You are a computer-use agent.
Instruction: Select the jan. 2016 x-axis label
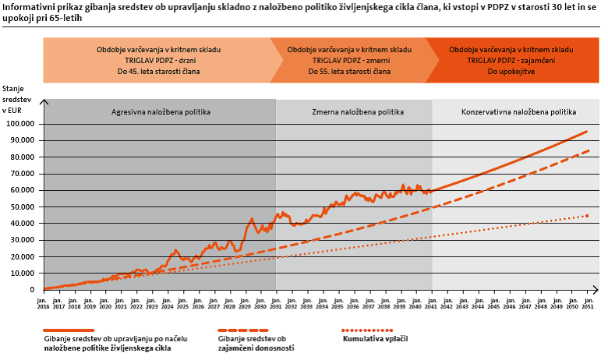click(x=44, y=301)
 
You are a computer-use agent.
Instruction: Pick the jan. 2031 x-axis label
click(x=276, y=301)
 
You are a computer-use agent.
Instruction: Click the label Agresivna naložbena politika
click(x=160, y=111)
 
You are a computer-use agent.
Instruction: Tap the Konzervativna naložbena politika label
click(x=518, y=111)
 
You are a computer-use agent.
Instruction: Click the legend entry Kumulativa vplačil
click(x=375, y=339)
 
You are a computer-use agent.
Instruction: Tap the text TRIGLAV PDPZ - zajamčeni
click(x=511, y=60)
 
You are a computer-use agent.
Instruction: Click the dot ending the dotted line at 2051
click(x=587, y=216)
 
